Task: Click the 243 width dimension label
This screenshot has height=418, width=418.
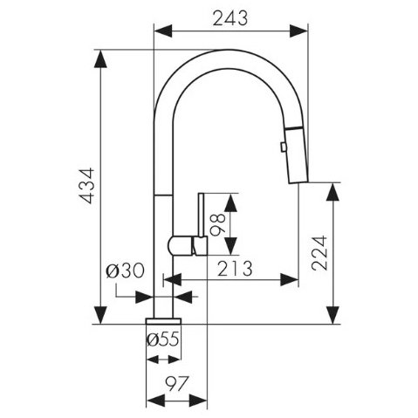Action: (x=230, y=18)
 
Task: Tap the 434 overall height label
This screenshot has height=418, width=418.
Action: (x=87, y=186)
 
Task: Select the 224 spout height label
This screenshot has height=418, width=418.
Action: (x=319, y=253)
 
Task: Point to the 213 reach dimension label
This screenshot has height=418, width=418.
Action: (x=235, y=269)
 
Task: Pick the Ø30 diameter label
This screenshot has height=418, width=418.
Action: (x=125, y=271)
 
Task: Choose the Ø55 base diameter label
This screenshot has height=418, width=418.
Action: (x=163, y=339)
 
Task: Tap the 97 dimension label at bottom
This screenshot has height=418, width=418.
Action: (x=177, y=384)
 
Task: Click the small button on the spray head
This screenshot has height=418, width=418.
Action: (x=283, y=147)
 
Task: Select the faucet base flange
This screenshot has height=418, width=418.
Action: (x=163, y=321)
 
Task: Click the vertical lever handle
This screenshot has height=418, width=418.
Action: (x=202, y=216)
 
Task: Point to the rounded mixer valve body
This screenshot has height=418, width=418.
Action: (x=181, y=246)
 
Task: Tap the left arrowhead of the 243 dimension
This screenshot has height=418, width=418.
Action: (x=163, y=31)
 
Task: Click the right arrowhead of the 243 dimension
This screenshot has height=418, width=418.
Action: (x=298, y=31)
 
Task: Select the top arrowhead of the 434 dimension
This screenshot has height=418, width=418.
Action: (x=100, y=59)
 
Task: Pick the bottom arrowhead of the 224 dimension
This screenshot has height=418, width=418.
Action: (x=332, y=315)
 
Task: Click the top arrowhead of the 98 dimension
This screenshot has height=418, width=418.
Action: (x=230, y=202)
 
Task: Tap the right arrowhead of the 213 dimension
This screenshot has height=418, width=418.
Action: (x=290, y=279)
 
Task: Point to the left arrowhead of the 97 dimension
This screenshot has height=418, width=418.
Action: (x=156, y=401)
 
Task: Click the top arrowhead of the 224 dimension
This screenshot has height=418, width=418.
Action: (x=332, y=192)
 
